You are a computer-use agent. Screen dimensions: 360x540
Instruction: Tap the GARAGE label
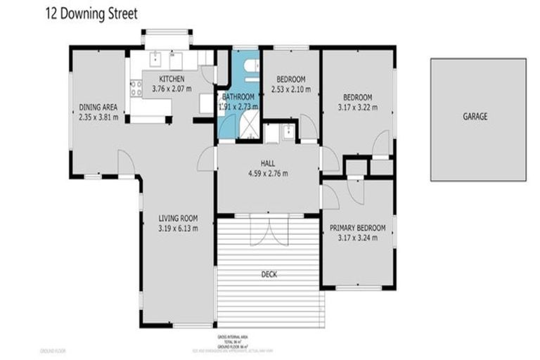[x=475, y=116]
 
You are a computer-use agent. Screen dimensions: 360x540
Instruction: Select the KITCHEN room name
[x=172, y=79]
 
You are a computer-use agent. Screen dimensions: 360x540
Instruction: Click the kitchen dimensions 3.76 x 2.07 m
[x=172, y=89]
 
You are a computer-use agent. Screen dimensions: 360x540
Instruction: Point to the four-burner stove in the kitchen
[x=135, y=88]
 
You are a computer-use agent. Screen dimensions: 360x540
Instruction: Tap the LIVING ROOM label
[x=177, y=218]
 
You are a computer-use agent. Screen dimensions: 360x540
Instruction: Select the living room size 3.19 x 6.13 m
[x=177, y=228]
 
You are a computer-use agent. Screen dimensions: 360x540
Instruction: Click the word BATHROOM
[x=238, y=96]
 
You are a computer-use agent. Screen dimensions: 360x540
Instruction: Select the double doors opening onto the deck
[x=269, y=230]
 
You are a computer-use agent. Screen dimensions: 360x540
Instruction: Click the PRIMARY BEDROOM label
[x=358, y=228]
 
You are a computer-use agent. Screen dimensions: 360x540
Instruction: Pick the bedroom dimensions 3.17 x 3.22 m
[x=358, y=108]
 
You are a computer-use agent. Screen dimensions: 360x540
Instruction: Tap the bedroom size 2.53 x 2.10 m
[x=290, y=89]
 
